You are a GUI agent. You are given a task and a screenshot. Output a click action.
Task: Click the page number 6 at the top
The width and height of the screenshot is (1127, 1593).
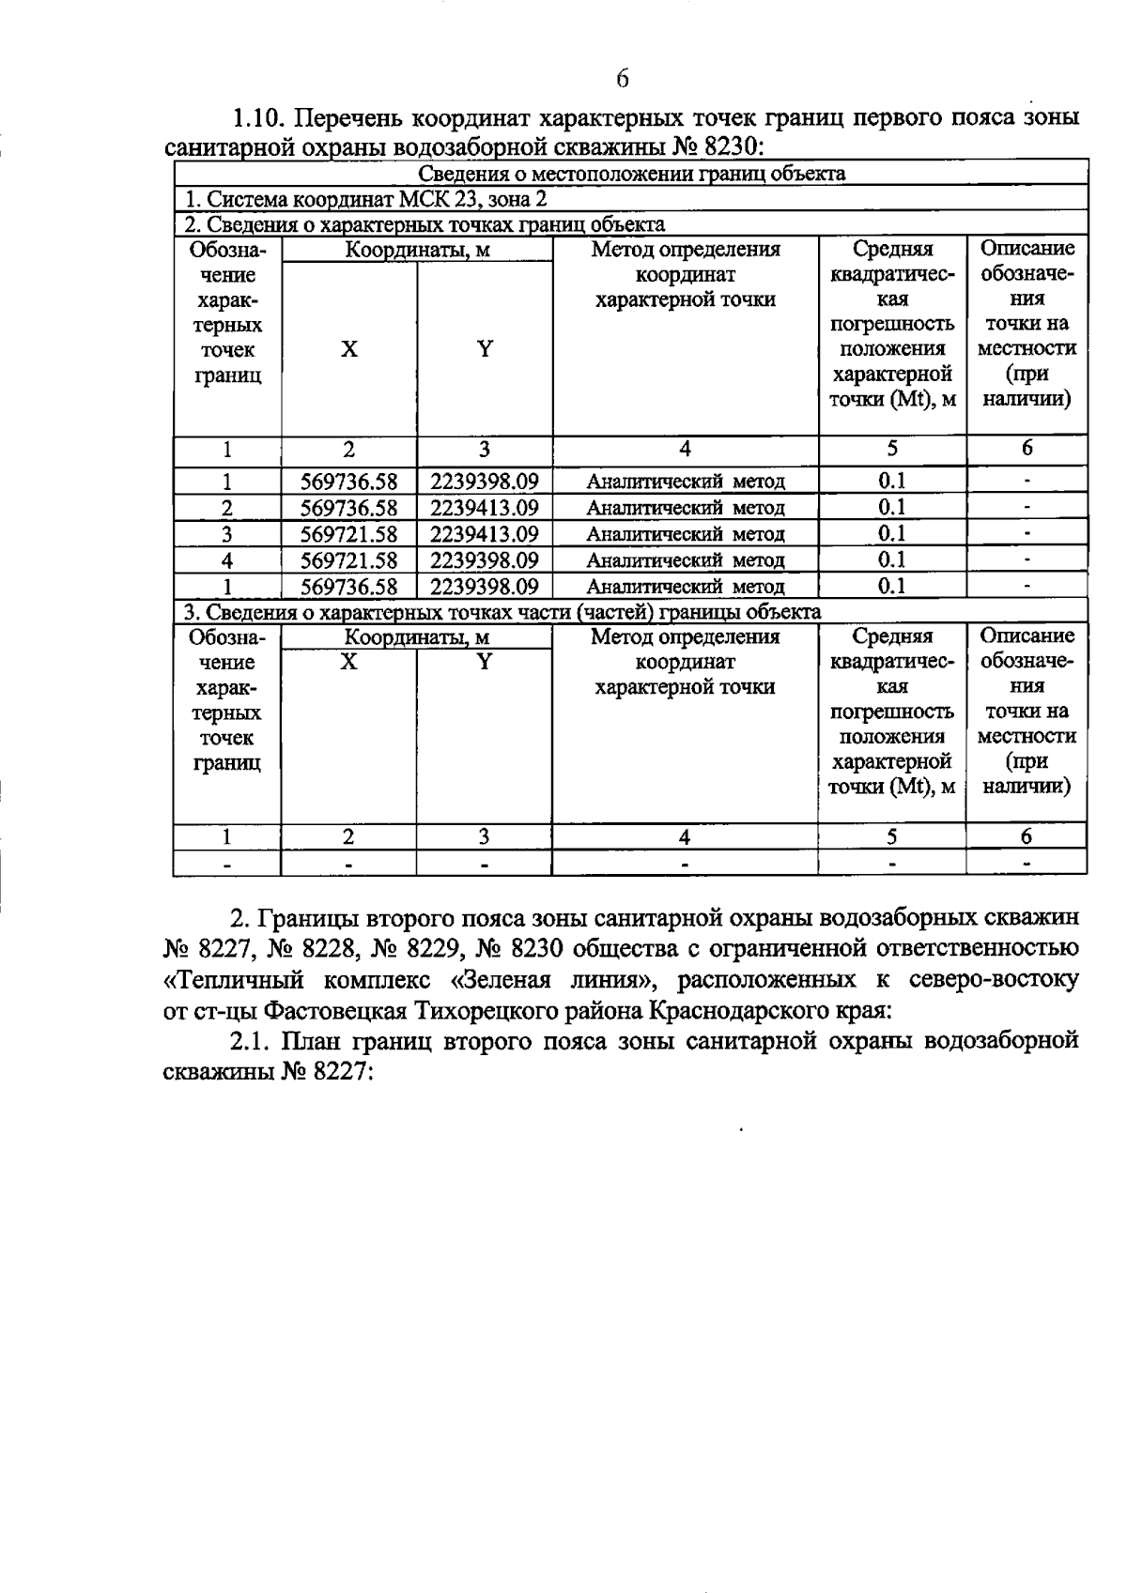tap(623, 79)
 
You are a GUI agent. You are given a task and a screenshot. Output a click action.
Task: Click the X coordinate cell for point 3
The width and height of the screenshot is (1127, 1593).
tap(348, 534)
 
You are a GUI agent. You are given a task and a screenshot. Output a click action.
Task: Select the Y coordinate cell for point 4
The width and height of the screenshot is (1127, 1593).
tap(484, 560)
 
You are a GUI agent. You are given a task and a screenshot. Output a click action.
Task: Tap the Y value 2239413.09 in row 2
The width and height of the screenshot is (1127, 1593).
tap(484, 508)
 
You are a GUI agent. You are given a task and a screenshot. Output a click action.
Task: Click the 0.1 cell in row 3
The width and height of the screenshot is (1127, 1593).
tap(891, 533)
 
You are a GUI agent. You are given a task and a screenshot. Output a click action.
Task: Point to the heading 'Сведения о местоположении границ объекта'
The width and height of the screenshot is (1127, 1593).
tap(631, 174)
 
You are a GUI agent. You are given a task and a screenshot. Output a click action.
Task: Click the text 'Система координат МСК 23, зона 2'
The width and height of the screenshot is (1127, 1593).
tap(365, 199)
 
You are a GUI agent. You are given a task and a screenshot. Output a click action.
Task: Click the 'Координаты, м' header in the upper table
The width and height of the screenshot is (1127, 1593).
tap(417, 250)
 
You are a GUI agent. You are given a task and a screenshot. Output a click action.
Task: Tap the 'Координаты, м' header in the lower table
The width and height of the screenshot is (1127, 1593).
tap(417, 637)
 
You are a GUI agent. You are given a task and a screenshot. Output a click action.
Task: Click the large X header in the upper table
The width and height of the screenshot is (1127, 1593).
tap(348, 349)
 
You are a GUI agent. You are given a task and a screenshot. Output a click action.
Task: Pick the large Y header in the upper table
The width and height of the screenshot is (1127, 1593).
tap(484, 349)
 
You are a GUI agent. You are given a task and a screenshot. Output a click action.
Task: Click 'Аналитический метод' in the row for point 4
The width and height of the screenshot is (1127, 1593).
tap(685, 560)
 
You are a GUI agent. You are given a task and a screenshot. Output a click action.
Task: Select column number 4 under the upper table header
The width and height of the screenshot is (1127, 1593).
tap(685, 449)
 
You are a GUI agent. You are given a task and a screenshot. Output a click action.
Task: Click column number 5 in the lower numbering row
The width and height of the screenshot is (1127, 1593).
tap(891, 836)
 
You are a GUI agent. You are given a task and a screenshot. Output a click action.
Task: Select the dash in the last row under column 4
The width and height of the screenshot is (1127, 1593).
tap(685, 862)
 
